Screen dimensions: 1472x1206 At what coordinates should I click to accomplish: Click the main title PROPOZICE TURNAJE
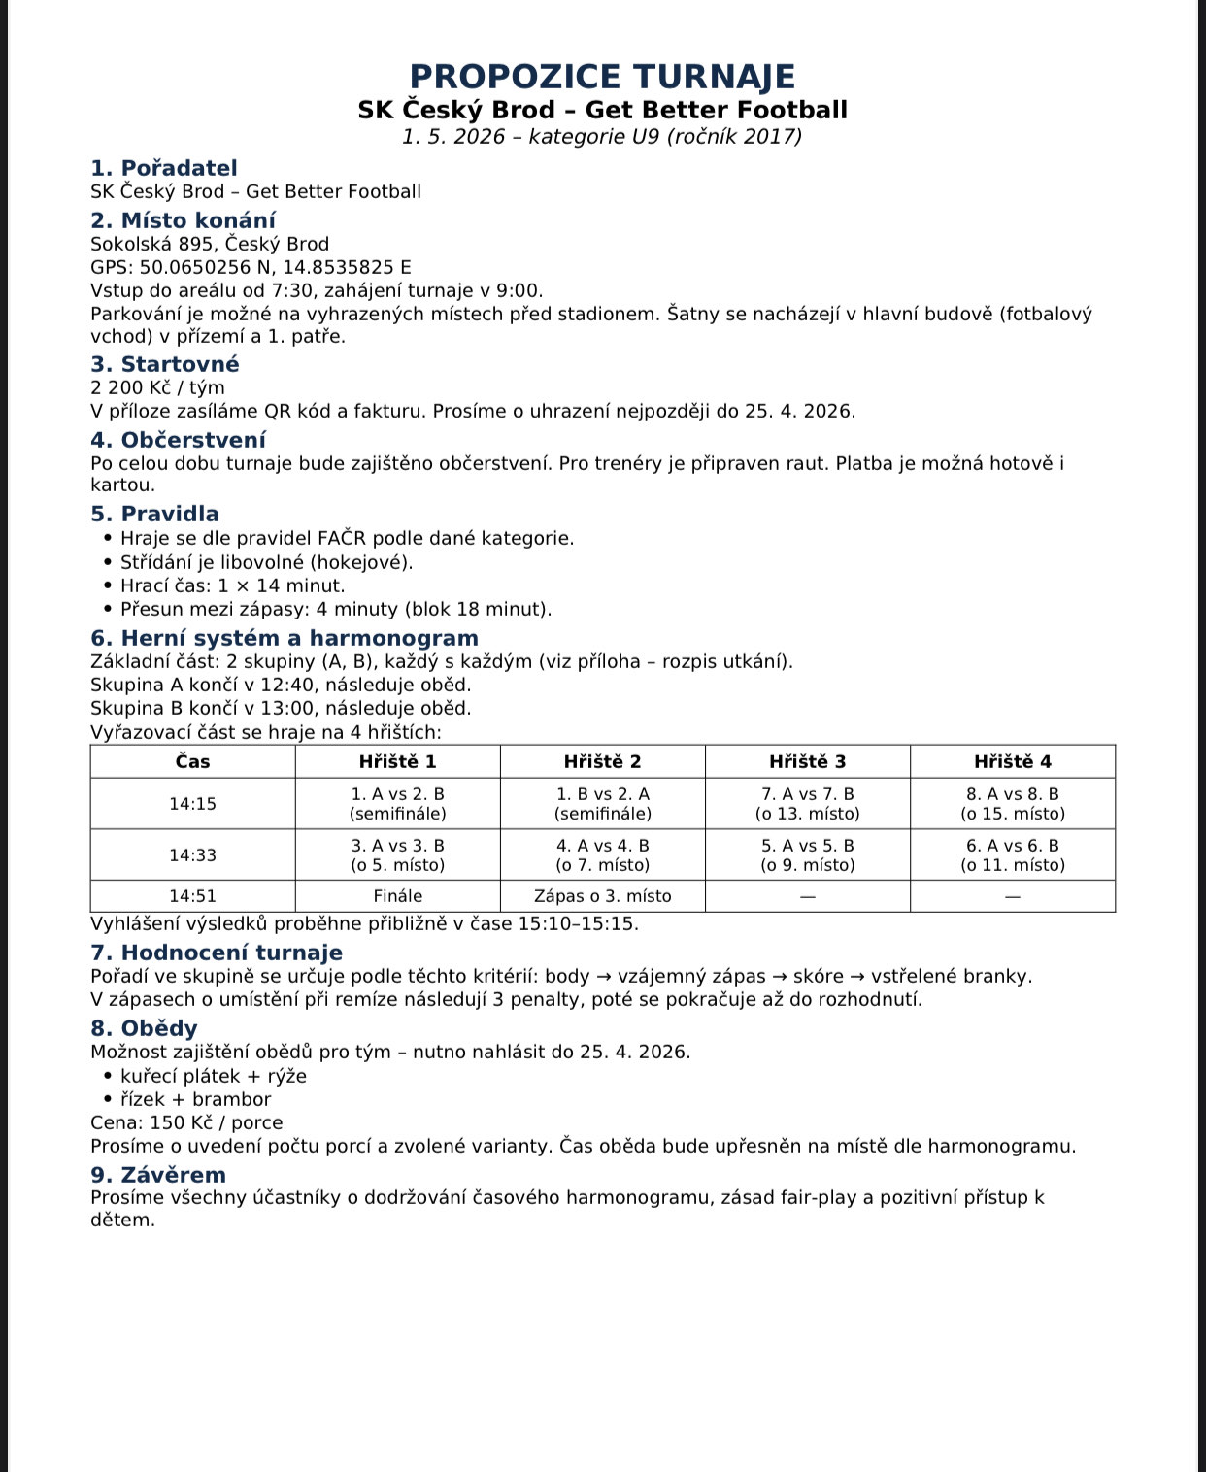(602, 77)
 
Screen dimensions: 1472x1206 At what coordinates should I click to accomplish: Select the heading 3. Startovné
(165, 364)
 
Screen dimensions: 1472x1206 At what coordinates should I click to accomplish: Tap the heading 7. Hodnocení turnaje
(217, 953)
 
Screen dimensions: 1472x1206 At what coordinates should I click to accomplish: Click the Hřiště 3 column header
(807, 762)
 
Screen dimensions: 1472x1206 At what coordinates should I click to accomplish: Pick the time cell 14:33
(192, 855)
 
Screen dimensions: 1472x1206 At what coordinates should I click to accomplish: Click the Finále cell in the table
(398, 896)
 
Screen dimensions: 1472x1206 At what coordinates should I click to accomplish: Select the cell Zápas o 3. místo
(602, 896)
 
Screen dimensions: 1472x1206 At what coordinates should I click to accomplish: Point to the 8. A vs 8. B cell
(1013, 804)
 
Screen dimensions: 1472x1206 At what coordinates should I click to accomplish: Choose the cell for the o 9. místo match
(807, 855)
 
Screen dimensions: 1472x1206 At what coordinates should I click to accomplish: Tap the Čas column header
(192, 762)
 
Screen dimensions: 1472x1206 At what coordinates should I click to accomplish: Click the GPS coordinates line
(251, 267)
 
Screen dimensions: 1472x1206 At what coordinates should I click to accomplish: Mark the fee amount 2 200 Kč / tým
(157, 387)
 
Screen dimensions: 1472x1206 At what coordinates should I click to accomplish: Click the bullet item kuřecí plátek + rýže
(214, 1076)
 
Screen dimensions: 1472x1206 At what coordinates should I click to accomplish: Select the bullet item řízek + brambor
(195, 1099)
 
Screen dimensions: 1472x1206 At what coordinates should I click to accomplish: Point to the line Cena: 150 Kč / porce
(186, 1122)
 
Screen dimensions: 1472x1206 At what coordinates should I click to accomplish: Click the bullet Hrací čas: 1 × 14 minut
(232, 585)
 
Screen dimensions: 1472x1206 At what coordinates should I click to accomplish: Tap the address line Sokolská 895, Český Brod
(210, 244)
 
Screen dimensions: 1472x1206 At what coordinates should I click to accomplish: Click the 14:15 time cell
(192, 804)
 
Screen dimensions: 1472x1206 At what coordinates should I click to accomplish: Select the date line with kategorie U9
(602, 136)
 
